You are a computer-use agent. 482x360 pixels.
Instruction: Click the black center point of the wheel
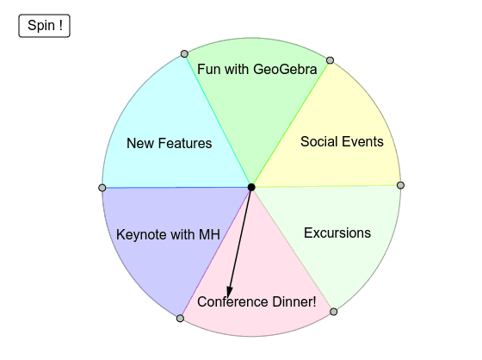[251, 187]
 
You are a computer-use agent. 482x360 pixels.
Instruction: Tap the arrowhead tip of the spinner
[228, 299]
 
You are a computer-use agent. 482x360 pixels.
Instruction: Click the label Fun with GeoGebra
[257, 69]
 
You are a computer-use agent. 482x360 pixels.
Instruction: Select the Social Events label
[342, 141]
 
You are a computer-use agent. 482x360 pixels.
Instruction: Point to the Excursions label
[337, 233]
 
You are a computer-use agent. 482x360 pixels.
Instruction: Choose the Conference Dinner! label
[256, 301]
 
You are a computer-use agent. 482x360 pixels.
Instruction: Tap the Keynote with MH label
[168, 235]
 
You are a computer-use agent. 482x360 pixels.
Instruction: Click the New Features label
[169, 143]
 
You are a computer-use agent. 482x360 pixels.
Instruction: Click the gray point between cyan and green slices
[184, 54]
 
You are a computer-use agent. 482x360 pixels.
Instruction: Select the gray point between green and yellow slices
[330, 60]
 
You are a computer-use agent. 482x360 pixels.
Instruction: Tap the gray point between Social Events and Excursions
[400, 185]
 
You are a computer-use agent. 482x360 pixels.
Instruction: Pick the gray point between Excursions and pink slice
[334, 312]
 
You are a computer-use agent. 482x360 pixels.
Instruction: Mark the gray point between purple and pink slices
[181, 318]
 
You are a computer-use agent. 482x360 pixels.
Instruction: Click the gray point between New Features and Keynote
[102, 188]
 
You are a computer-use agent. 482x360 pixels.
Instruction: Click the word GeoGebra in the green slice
[285, 69]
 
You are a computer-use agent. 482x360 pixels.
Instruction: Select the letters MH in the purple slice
[209, 235]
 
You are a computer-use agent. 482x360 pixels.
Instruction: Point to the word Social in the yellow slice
[318, 141]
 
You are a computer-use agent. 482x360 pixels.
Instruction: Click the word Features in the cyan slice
[185, 143]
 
